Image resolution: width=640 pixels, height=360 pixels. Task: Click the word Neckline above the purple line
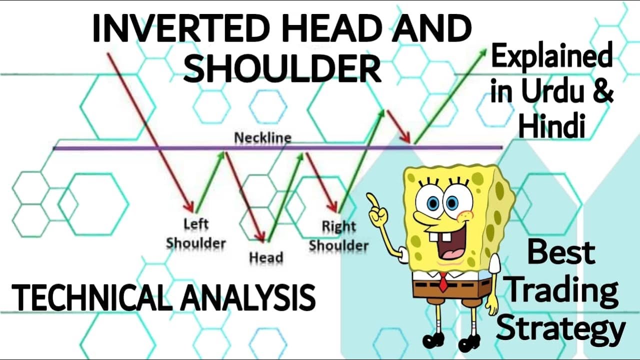(x=262, y=137)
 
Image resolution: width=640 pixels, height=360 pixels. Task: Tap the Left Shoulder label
(x=195, y=233)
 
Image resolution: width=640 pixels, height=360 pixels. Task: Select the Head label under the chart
(x=265, y=257)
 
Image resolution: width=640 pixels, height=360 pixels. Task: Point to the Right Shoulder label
(x=338, y=236)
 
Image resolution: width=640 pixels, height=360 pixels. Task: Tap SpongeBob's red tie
(x=443, y=281)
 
